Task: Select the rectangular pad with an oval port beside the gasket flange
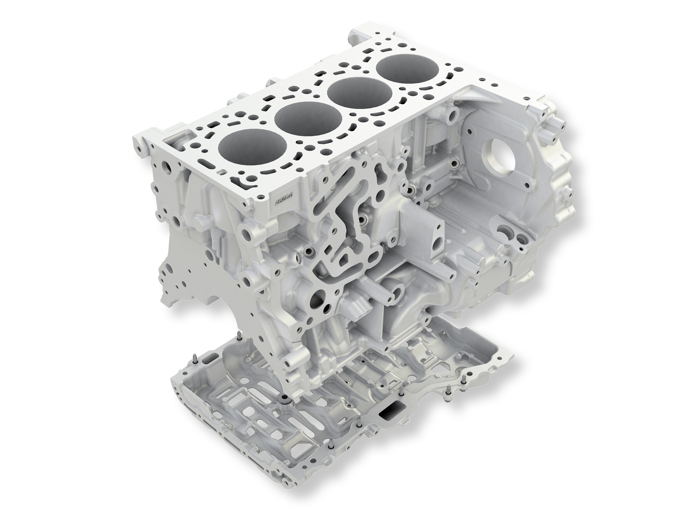pyautogui.click(x=437, y=236)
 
